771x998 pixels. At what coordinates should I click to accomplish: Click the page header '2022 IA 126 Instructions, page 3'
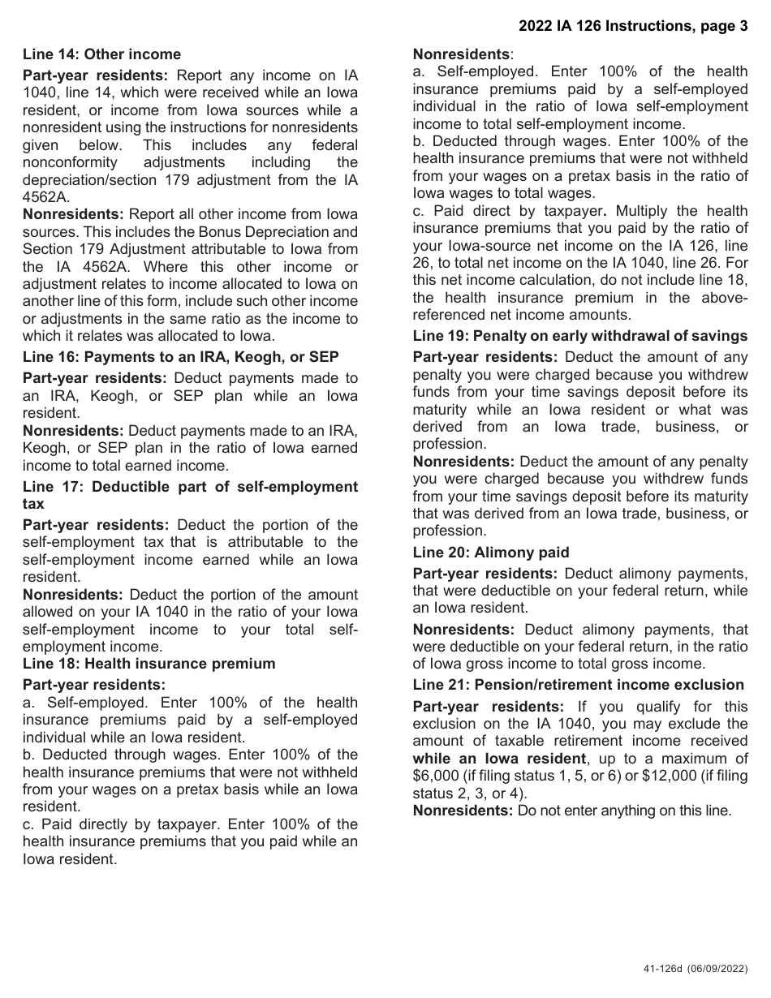pos(633,26)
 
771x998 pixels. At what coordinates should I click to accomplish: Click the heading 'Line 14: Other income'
pos(101,54)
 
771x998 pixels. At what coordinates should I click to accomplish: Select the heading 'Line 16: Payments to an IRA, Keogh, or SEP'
pos(180,357)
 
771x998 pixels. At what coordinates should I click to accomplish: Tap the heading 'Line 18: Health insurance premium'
pos(149,664)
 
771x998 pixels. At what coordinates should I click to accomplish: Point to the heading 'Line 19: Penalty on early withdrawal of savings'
pos(579,336)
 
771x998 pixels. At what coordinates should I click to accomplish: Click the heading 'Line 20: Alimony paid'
pos(490,553)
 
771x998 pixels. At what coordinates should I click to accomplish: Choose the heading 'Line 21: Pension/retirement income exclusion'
pos(578,685)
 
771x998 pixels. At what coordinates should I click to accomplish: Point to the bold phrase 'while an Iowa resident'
pos(498,759)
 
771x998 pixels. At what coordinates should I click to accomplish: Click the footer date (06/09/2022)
pos(716,969)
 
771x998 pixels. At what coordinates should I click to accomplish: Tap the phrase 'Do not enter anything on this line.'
pos(624,811)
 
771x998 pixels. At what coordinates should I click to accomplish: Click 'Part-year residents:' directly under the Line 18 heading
pos(94,685)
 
